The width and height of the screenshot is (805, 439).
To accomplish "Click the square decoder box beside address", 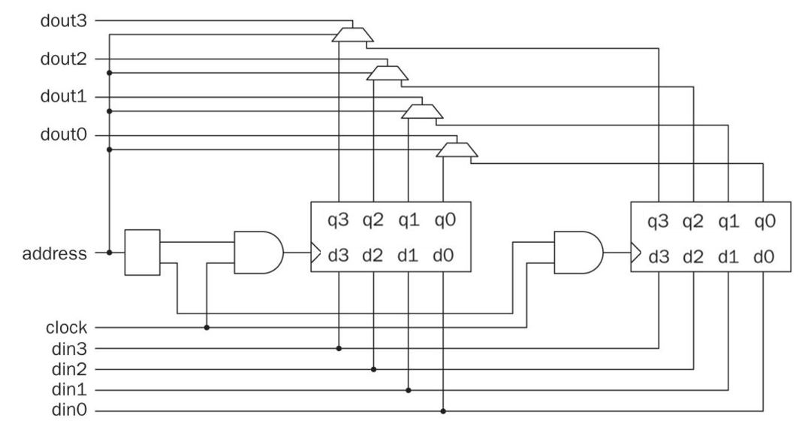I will [x=143, y=252].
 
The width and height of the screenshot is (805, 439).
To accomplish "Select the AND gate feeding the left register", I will [x=258, y=253].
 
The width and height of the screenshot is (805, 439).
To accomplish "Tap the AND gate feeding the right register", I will [x=577, y=253].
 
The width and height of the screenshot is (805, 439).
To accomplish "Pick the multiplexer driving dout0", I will [x=456, y=150].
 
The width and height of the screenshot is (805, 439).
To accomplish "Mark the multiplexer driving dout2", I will [x=387, y=73].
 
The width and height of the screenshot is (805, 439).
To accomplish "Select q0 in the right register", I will [x=762, y=221].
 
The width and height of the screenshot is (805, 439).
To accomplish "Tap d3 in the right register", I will [x=659, y=256].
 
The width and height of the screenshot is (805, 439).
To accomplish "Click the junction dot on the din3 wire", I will [x=339, y=348].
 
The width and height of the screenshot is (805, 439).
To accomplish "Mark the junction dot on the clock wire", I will [x=207, y=328].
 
